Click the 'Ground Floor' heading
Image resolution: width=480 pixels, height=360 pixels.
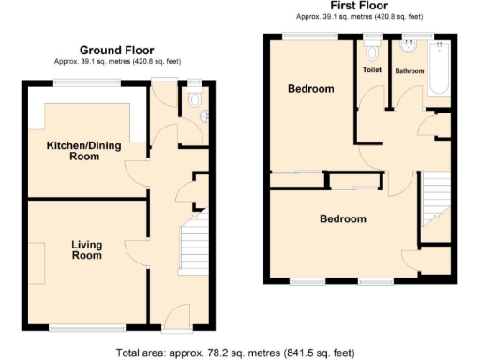(x=116, y=50)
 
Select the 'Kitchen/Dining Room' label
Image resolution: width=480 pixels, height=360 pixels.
(x=85, y=151)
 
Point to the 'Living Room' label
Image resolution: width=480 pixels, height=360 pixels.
(x=86, y=249)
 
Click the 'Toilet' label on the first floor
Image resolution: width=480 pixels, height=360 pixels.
(x=372, y=70)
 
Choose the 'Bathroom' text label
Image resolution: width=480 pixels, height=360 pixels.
(x=409, y=70)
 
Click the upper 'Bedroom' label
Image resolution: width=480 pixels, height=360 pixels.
(x=310, y=89)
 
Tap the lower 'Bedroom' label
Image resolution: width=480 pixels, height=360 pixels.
(x=342, y=219)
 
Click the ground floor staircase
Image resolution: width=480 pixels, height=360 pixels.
(x=191, y=243)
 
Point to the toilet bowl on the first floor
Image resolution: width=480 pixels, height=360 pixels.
(x=372, y=49)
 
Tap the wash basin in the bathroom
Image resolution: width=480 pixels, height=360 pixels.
(x=409, y=47)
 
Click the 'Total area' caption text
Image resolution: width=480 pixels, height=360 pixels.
(x=235, y=352)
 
